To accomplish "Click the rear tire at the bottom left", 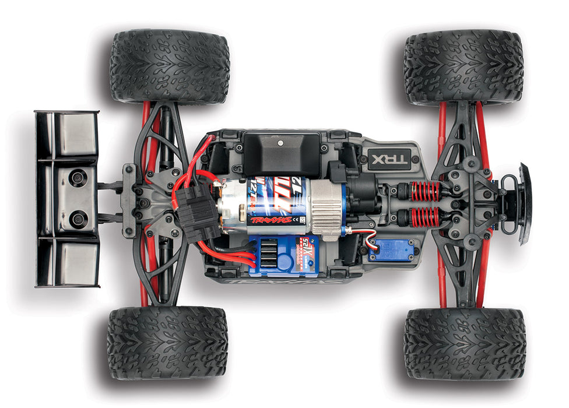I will click(167, 343).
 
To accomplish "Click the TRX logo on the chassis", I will click(388, 158).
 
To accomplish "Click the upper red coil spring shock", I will click(426, 191).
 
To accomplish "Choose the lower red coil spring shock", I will click(426, 217).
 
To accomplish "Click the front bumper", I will click(524, 203).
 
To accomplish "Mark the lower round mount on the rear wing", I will click(78, 219).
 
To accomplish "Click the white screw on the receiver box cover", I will click(280, 142).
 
